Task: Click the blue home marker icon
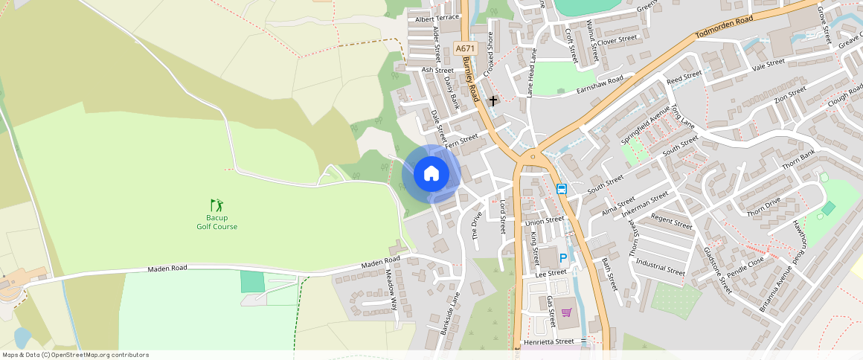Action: tap(431, 174)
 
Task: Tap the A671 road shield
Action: tap(465, 48)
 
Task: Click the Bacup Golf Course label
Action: tap(216, 222)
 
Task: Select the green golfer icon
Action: tap(216, 205)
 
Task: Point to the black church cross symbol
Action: tap(493, 100)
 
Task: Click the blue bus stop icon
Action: tap(562, 189)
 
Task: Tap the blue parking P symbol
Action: tap(563, 258)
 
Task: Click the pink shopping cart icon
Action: tap(566, 312)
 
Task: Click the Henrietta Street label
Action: tap(550, 341)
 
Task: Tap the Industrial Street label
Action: tap(660, 268)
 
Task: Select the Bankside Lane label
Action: tap(451, 312)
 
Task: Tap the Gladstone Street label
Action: tap(717, 270)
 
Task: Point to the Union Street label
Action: tap(545, 221)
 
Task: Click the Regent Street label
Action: tap(672, 222)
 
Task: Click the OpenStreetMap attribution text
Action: tap(75, 355)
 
